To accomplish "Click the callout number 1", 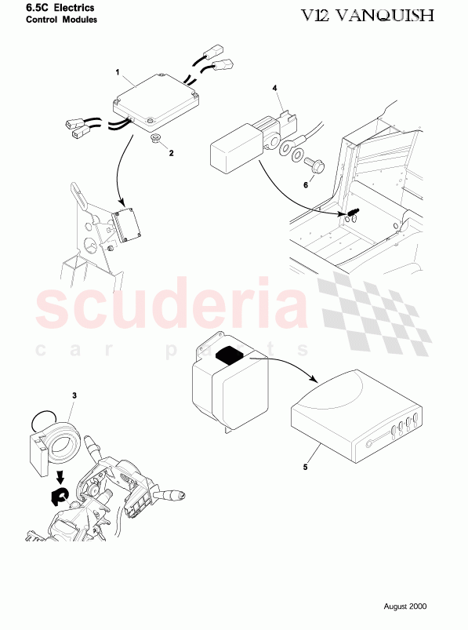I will (118, 72).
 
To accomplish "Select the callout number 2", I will (171, 152).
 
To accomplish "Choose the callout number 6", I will (306, 186).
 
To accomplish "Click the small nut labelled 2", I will (156, 139).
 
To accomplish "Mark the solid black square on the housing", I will (230, 355).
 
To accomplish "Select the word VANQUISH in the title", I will (392, 15).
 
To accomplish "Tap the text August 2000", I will (405, 606).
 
